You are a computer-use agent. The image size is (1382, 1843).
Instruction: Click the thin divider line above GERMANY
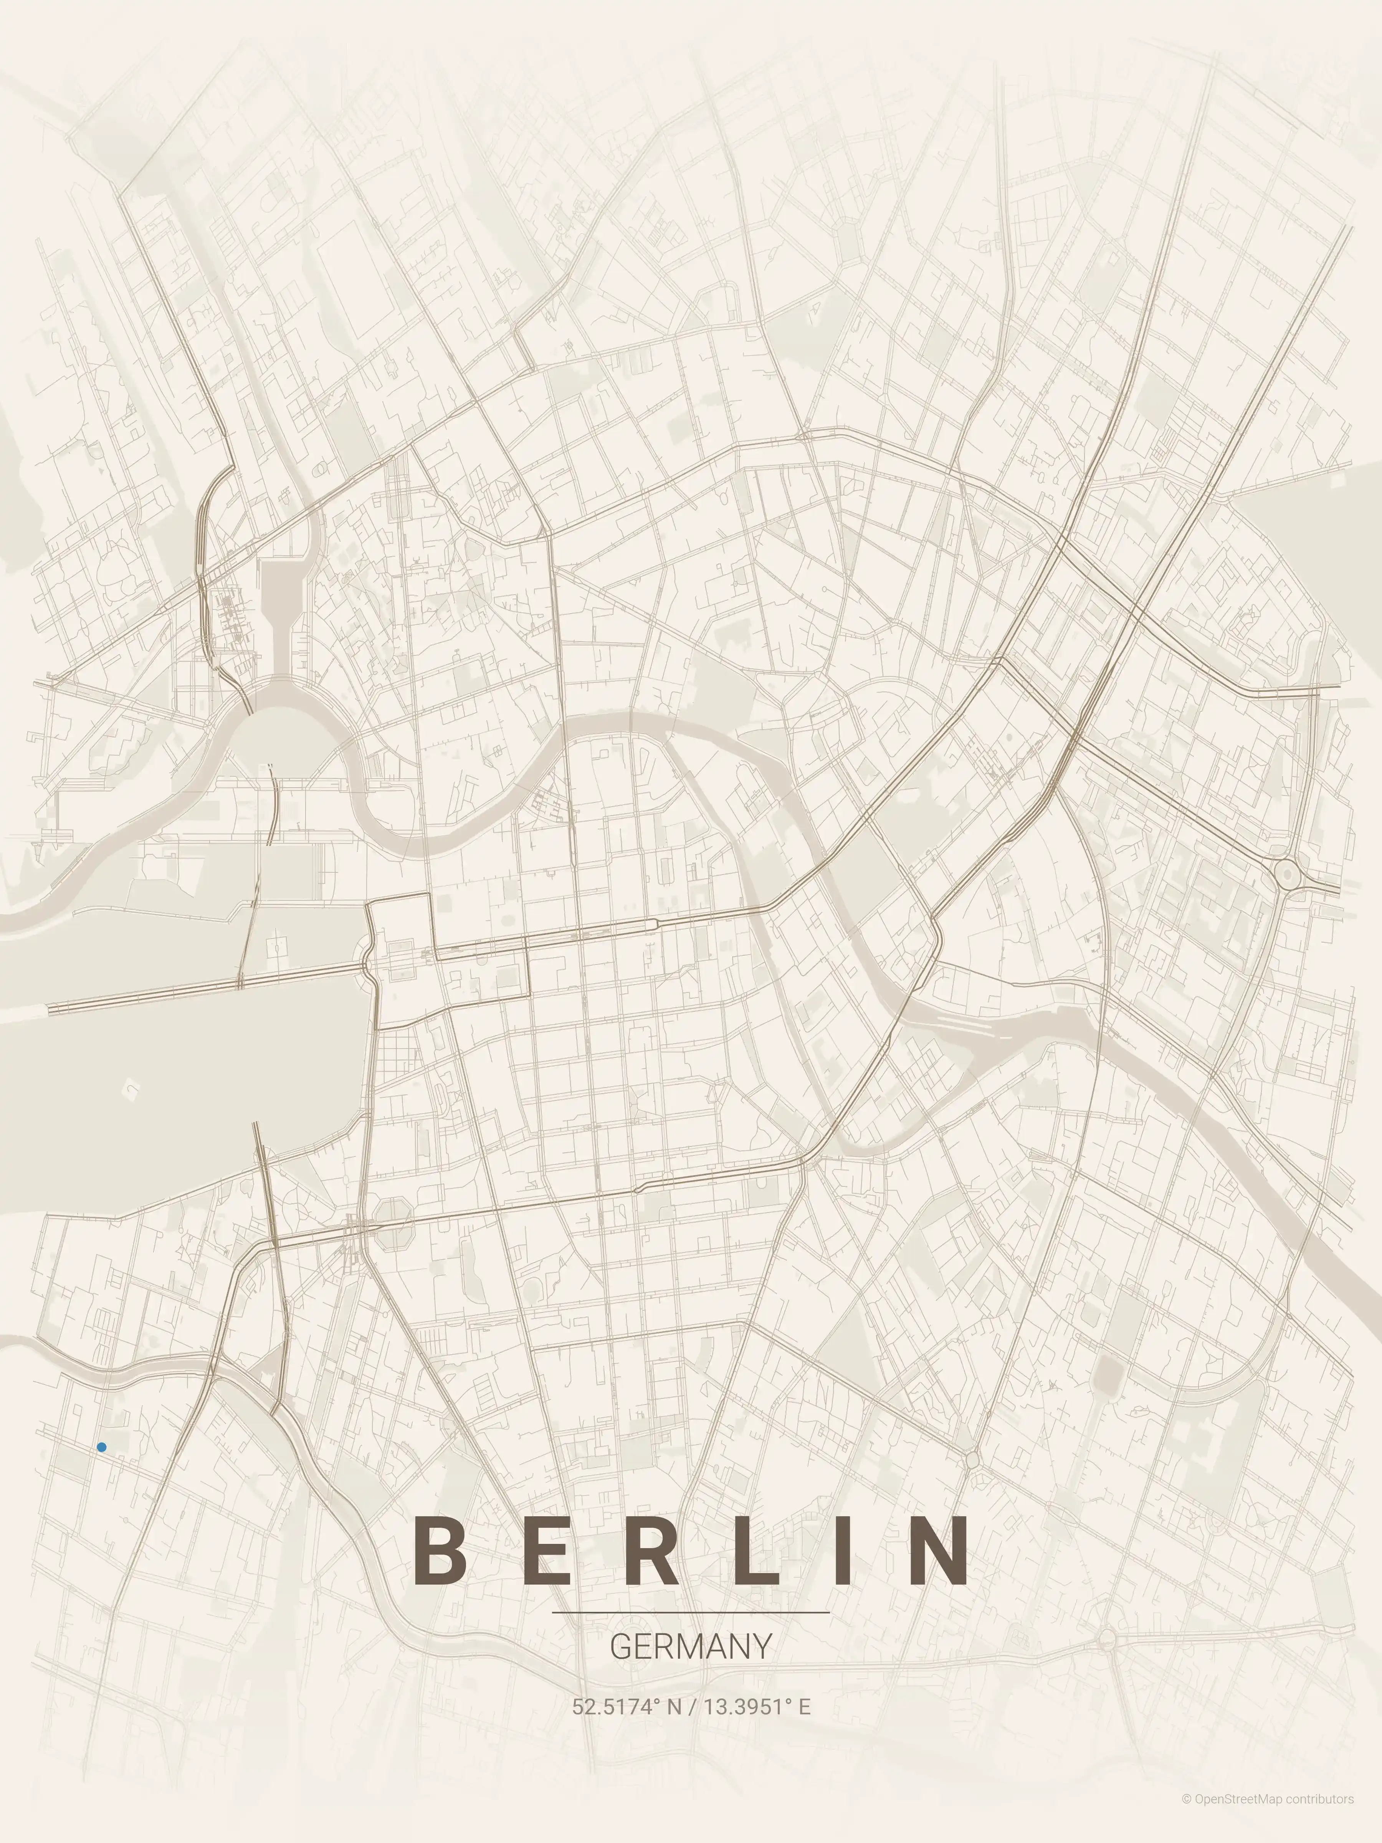691,1613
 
